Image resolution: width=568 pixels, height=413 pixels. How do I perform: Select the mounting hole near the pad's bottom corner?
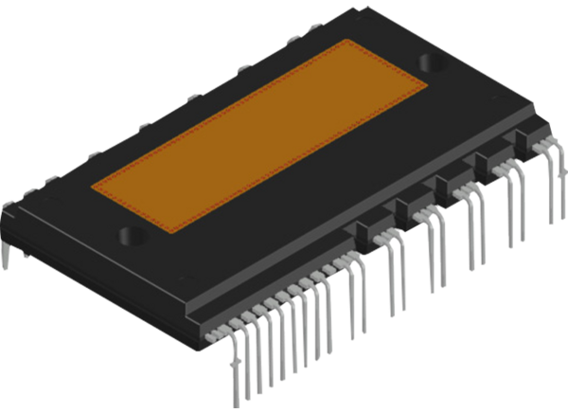(x=131, y=234)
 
